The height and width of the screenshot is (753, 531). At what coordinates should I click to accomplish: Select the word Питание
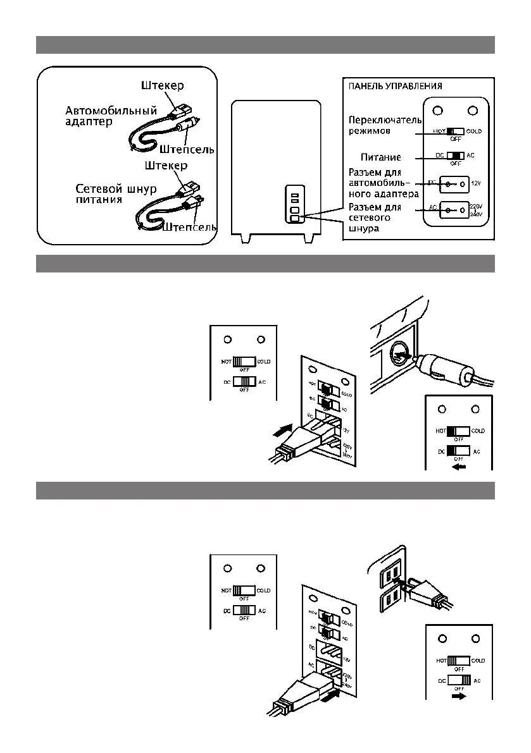(x=381, y=157)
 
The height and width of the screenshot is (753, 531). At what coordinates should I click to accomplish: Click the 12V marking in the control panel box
(x=477, y=183)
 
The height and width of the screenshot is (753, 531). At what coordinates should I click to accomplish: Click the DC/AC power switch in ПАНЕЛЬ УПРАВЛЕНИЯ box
(x=455, y=156)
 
